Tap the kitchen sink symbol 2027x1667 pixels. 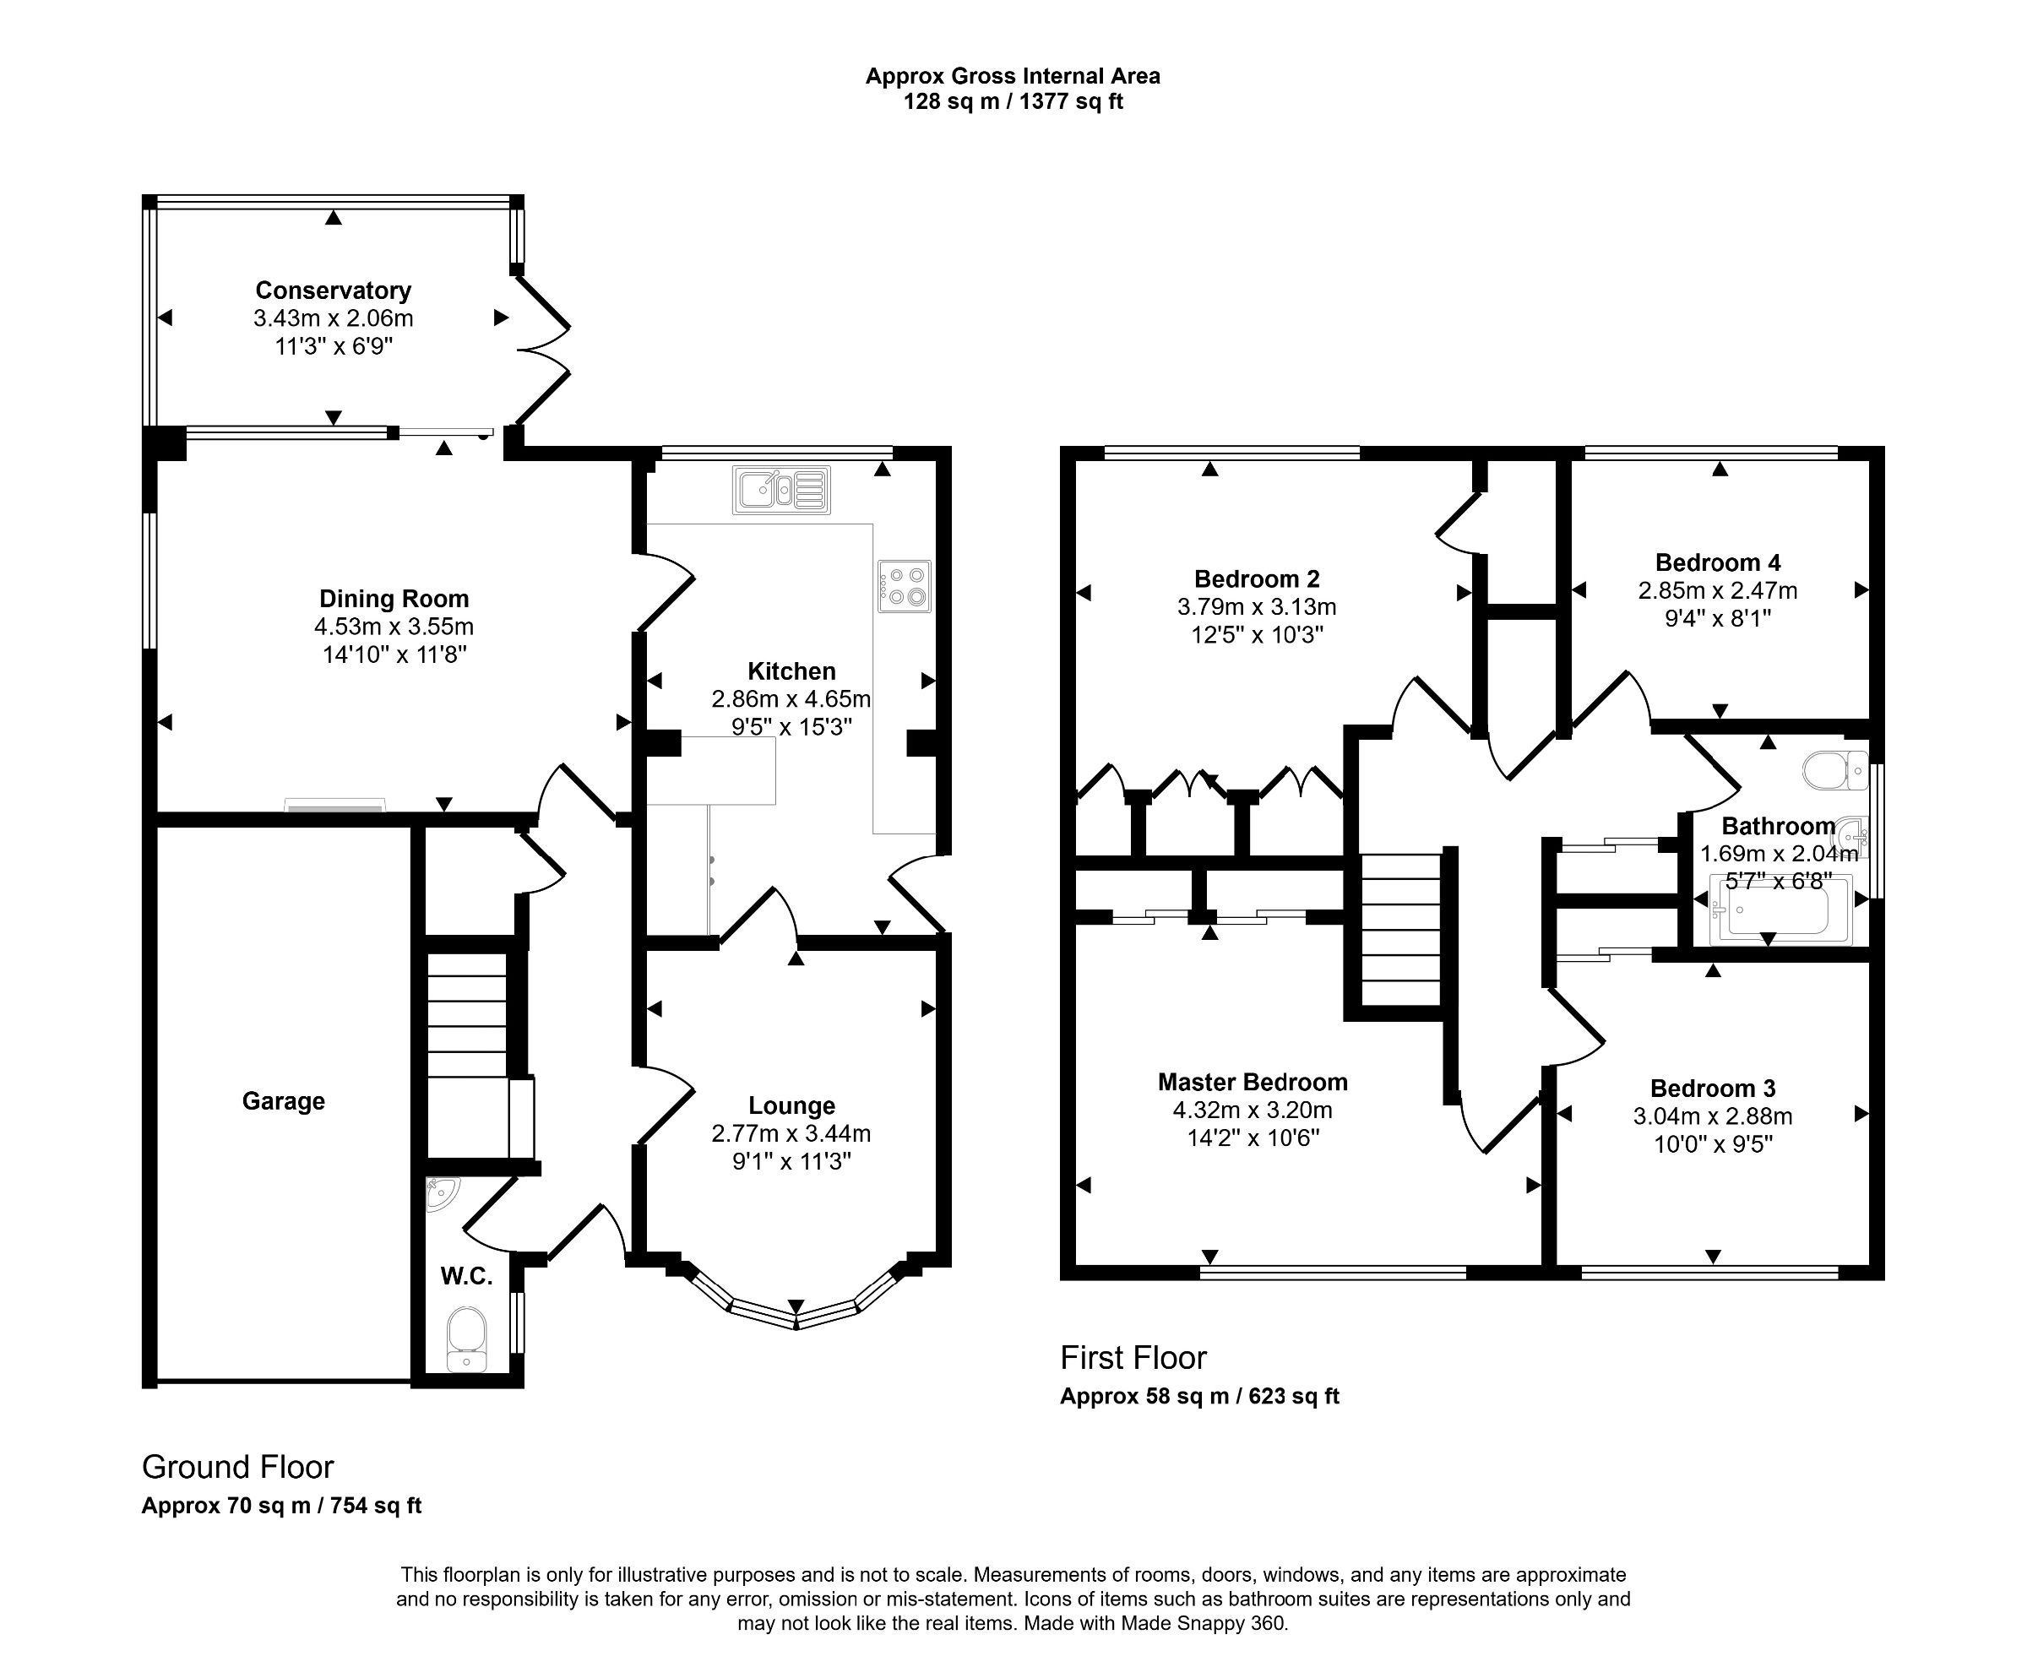coord(780,490)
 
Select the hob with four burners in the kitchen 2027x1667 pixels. coord(904,586)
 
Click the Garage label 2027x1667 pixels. coord(282,1100)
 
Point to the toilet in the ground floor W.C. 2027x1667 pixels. coord(467,1337)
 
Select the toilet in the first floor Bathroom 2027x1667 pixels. coord(1834,770)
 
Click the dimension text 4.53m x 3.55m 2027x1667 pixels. coord(394,627)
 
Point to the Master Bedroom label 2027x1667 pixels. coord(1253,1083)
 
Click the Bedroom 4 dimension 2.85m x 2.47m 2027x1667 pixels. coord(1717,590)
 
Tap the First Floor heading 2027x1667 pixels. coord(1133,1358)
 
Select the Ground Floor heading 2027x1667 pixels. coord(237,1466)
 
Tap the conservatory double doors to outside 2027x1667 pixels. coord(543,350)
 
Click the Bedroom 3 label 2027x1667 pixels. coord(1712,1088)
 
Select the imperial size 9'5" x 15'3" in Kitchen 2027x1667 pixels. coord(791,727)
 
